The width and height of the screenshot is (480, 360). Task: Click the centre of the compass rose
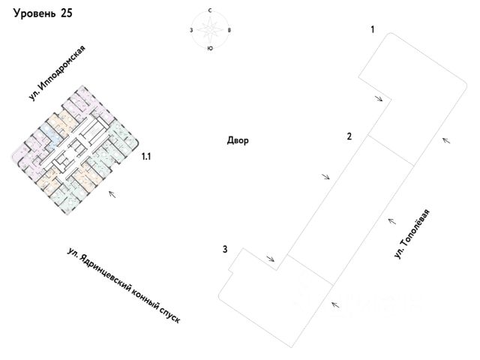click(x=211, y=30)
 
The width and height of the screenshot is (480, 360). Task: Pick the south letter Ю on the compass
click(x=210, y=49)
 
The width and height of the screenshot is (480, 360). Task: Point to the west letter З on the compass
click(x=193, y=30)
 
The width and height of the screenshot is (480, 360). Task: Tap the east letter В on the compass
click(x=229, y=30)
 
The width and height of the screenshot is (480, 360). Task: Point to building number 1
click(x=371, y=29)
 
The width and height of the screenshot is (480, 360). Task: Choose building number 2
click(x=349, y=136)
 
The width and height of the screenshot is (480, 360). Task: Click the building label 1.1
click(x=147, y=157)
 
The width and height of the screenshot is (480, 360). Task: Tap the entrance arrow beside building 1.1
click(x=113, y=195)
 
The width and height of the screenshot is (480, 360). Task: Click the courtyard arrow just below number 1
click(x=380, y=97)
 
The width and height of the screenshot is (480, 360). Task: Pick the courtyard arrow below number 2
click(x=325, y=176)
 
